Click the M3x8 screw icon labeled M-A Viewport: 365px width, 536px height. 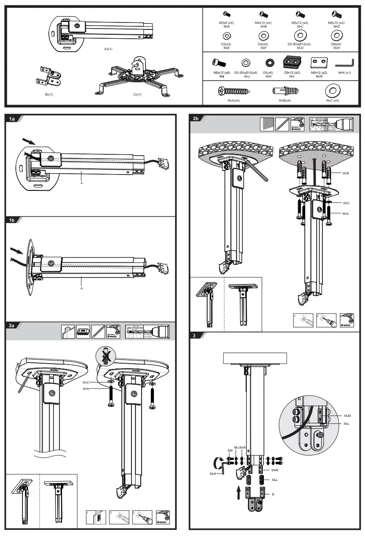227,15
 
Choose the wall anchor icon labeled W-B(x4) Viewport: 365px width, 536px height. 285,91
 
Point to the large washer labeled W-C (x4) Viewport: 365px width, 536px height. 332,91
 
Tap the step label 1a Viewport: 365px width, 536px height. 12,119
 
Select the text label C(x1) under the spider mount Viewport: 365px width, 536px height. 137,95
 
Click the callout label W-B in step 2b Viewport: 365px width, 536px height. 346,173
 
